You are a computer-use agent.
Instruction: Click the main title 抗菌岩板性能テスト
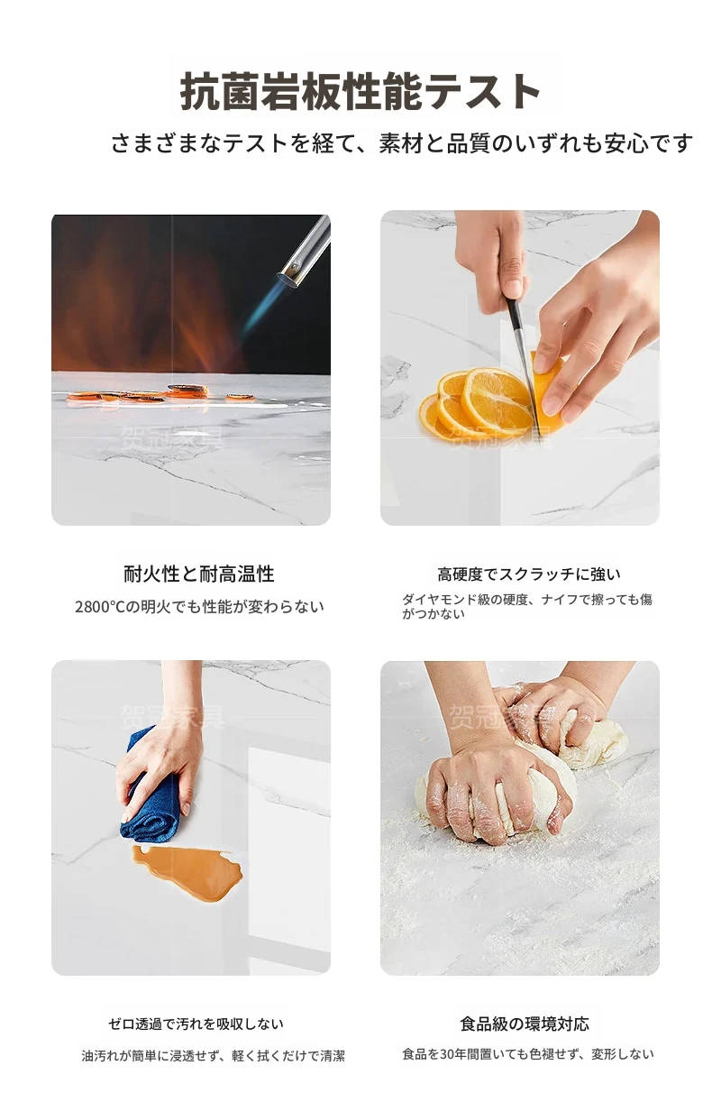[x=360, y=91]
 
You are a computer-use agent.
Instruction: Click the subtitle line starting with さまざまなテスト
[x=401, y=143]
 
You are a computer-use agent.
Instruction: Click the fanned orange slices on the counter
[x=476, y=403]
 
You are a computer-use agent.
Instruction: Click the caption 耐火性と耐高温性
[x=199, y=574]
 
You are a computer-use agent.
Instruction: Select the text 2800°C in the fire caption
[x=101, y=607]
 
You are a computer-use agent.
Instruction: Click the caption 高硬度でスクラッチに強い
[x=529, y=574]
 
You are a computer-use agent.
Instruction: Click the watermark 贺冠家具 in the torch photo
[x=171, y=436]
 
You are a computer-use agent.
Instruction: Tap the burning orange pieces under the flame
[x=161, y=394]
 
